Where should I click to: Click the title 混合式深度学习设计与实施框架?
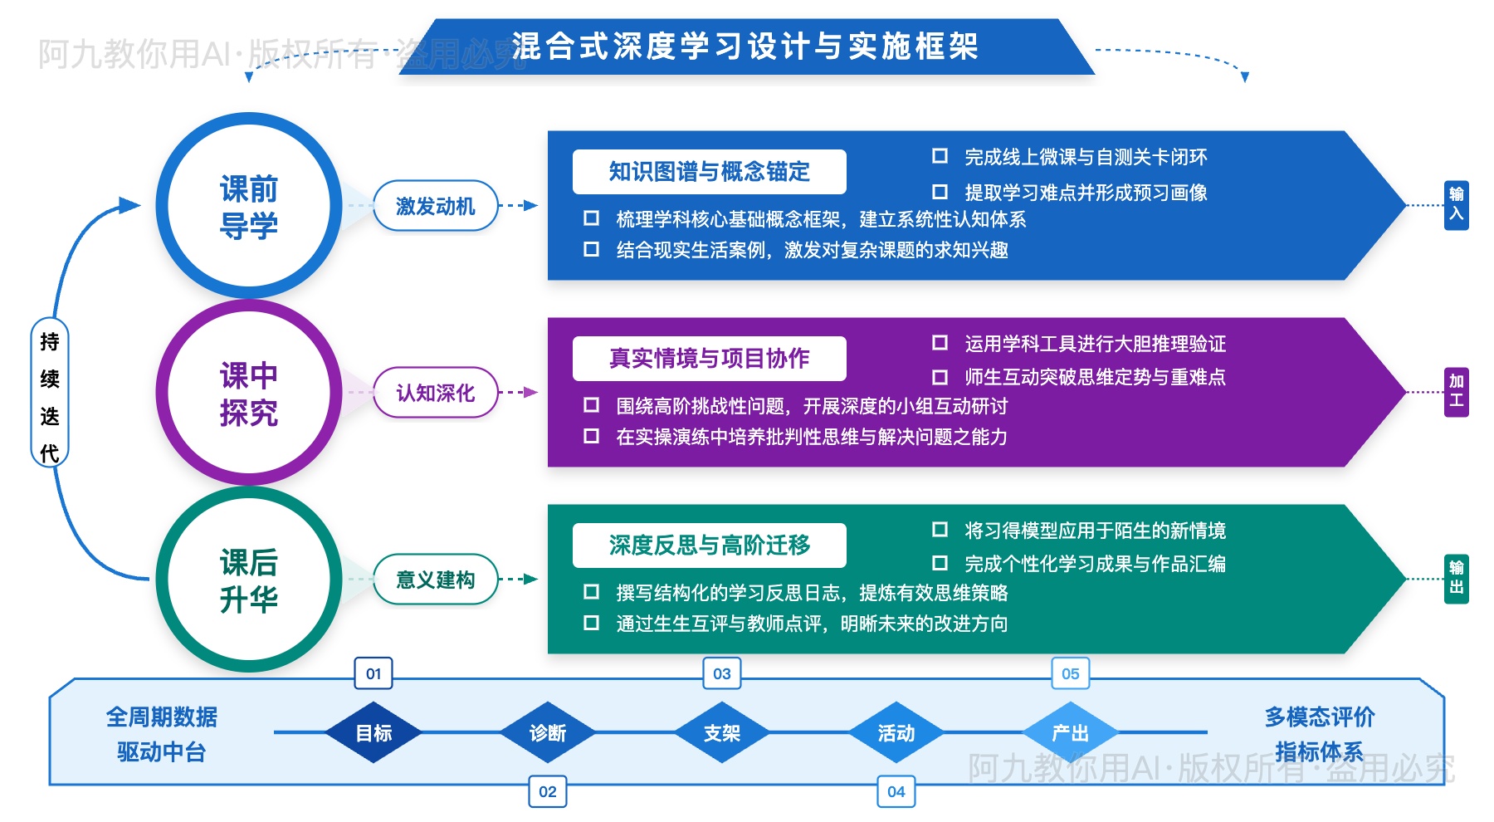pos(745,46)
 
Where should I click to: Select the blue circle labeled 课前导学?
pos(248,206)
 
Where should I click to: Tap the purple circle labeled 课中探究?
pos(248,393)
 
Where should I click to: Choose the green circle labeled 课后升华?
pos(248,580)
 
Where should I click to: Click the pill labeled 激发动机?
pos(435,206)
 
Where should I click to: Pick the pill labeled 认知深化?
pos(435,393)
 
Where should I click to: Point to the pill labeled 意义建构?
pos(435,580)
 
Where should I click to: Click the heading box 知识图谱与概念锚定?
pos(709,172)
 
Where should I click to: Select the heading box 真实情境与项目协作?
pos(709,359)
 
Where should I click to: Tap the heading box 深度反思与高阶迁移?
pos(709,546)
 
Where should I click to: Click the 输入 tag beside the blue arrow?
pos(1456,204)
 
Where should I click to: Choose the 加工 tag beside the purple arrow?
pos(1456,391)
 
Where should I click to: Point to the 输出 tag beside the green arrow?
pos(1456,578)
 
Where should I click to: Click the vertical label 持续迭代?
pos(50,397)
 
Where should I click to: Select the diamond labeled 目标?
pos(373,733)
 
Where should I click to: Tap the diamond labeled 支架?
pos(722,733)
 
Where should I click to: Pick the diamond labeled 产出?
pos(1070,733)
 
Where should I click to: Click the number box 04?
pos(896,791)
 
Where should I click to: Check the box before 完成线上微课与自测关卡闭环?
pos(940,156)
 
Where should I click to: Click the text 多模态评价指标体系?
pos(1319,734)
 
